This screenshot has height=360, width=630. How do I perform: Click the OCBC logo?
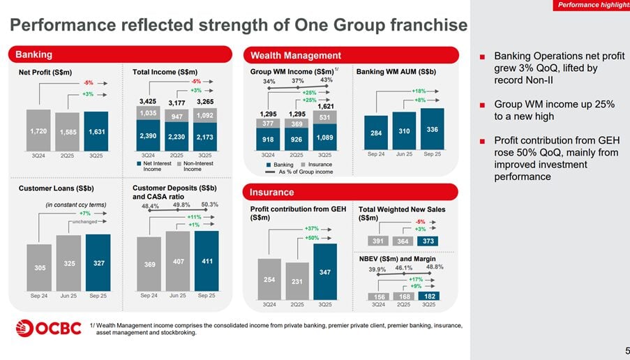47,327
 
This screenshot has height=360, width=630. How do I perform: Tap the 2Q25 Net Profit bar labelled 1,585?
68,131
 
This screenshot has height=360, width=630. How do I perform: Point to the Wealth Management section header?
350,55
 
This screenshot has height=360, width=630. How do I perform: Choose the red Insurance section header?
350,192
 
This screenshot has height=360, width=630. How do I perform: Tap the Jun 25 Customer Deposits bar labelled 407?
178,262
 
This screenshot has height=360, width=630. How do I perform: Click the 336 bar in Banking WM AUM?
432,129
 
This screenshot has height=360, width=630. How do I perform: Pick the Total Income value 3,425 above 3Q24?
147,102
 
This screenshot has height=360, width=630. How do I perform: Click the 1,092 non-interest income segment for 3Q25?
204,116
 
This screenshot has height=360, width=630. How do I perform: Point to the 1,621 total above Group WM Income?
325,106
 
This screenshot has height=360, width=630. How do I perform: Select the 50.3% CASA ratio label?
209,204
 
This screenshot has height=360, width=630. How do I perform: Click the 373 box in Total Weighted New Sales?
429,241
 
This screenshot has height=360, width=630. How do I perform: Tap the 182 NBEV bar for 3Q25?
429,296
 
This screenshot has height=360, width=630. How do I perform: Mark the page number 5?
626,350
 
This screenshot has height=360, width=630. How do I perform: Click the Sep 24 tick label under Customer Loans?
39,296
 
